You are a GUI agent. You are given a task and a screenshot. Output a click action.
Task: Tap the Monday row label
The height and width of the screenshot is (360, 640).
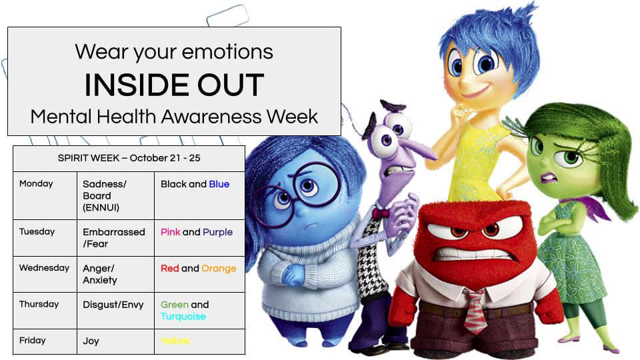36,183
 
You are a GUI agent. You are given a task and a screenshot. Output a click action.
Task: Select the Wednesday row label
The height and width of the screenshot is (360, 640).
44,268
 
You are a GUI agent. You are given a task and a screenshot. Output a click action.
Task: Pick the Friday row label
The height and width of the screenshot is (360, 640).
32,340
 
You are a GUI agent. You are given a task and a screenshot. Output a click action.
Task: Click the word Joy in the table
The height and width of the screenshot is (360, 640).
91,341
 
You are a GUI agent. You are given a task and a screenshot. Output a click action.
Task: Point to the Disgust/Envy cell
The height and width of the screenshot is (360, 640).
113,305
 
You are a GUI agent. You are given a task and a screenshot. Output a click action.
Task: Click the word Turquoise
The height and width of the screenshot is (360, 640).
183,317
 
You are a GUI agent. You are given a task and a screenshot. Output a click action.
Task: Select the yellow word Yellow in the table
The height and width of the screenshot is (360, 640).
175,341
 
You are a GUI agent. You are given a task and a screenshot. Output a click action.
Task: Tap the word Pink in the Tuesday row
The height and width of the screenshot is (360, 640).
170,232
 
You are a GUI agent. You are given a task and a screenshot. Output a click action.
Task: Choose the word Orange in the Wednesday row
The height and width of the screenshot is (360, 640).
219,268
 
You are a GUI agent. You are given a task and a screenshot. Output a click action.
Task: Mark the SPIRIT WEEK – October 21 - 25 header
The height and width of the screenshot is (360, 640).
129,158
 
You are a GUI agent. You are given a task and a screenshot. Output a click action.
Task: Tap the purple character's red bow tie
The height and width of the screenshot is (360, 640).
381,213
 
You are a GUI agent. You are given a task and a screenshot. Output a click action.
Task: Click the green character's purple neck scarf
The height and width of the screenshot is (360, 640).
587,207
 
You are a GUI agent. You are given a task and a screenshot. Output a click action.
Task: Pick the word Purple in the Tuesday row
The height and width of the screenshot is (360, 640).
218,232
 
